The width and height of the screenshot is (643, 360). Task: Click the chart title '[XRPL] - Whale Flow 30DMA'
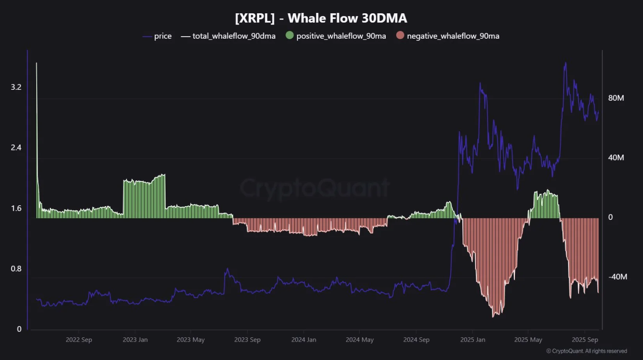321,18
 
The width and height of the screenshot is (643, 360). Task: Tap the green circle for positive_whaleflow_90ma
289,36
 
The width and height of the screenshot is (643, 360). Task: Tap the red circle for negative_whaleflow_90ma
400,36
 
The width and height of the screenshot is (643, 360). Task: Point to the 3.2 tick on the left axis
16,87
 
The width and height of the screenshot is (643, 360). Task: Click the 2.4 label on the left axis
16,148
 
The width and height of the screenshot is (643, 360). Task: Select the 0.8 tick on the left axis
16,269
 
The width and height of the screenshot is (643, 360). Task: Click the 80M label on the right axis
616,98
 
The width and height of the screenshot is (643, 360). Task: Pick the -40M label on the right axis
617,277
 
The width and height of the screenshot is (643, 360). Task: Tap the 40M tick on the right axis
616,158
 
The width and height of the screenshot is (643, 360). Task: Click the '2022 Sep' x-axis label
79,340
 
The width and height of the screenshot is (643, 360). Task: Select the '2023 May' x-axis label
191,340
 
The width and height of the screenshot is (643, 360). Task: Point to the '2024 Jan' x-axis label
304,340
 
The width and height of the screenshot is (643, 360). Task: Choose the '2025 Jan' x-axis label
472,340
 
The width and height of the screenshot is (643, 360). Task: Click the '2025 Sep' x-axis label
585,340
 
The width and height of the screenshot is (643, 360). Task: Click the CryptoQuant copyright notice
586,351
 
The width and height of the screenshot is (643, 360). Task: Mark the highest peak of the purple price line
565,63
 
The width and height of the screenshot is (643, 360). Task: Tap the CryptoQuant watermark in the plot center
315,188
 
